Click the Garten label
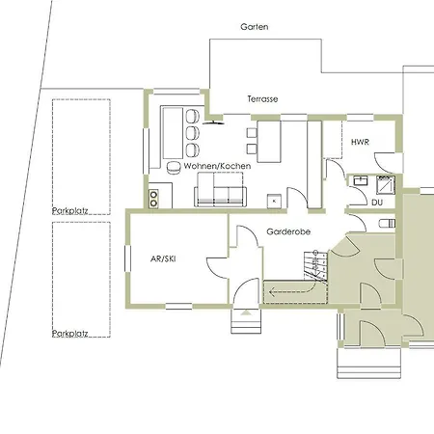click(255, 27)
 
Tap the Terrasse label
click(262, 99)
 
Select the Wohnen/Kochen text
click(217, 166)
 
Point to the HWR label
click(360, 142)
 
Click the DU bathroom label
click(377, 203)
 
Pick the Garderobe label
click(288, 231)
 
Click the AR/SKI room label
click(163, 258)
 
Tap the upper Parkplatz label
click(70, 211)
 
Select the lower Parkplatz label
click(70, 334)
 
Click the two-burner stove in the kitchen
click(153, 199)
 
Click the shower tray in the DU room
click(386, 184)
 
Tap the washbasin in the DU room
click(361, 180)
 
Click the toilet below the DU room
click(387, 224)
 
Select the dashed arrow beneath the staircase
click(293, 291)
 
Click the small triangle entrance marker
click(245, 312)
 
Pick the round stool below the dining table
click(174, 167)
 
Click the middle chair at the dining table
click(193, 132)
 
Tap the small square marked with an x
click(274, 202)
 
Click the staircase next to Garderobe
click(315, 265)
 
